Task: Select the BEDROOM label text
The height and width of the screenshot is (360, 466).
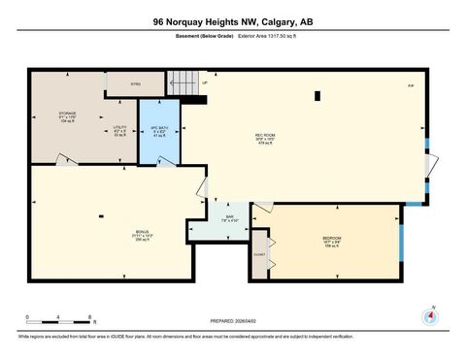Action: [x=331, y=238]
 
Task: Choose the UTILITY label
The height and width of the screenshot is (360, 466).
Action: [x=119, y=129]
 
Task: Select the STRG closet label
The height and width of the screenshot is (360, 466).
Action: [x=135, y=84]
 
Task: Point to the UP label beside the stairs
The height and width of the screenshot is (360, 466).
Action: [x=205, y=84]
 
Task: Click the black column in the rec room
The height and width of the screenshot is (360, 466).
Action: [x=317, y=95]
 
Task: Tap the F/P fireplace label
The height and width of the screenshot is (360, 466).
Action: [x=411, y=87]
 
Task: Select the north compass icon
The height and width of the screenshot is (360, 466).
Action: [x=429, y=316]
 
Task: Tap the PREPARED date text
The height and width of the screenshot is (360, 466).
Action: [x=232, y=320]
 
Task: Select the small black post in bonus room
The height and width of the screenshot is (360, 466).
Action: [x=101, y=216]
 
